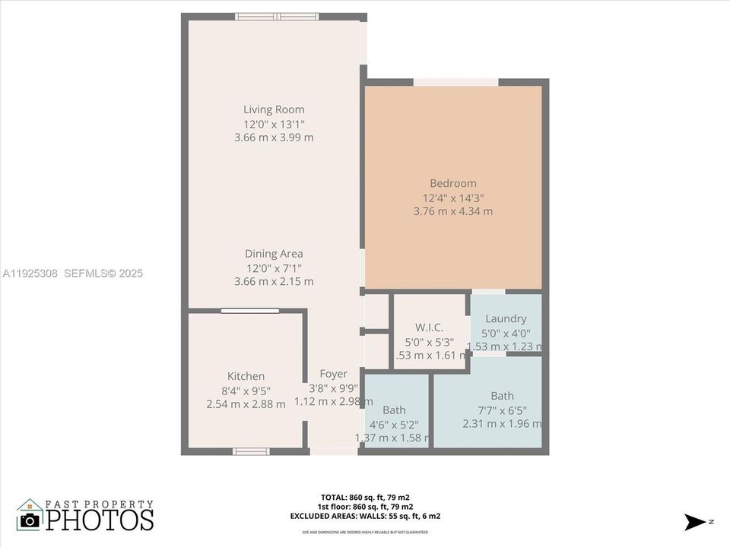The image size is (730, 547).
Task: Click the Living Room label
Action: point(274,109)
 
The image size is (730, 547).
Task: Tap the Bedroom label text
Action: point(452,183)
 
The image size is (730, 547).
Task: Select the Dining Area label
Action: point(274,254)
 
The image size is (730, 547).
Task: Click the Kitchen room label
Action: point(246,376)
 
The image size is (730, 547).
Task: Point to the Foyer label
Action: point(333,374)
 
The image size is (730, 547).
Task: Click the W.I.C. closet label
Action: point(429,327)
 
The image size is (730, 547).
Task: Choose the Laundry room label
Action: point(506,319)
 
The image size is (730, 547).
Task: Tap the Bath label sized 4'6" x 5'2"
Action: point(394,410)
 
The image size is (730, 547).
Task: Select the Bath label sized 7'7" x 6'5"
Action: point(502,396)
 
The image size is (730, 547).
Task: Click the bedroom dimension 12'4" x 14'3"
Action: point(452,198)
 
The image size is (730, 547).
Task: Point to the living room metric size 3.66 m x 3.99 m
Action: point(274,138)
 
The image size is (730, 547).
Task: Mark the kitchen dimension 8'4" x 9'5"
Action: point(246,390)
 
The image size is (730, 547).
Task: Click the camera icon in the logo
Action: point(30,520)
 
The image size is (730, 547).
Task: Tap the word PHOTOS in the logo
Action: point(100,520)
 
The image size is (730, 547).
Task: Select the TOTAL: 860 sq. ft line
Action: point(365,497)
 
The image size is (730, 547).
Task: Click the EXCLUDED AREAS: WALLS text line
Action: point(365,516)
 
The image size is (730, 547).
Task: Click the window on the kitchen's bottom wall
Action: point(251,451)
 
